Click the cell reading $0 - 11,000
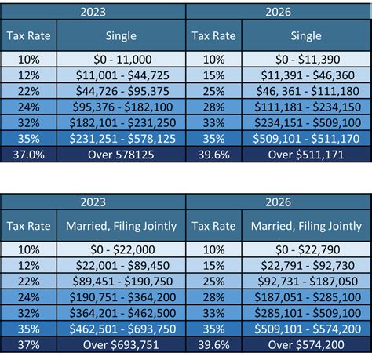coord(120,60)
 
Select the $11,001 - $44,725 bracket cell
coord(120,75)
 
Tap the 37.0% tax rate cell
coord(28,155)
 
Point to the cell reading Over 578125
coord(120,155)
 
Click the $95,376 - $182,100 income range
coord(120,107)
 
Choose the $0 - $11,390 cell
coord(306,60)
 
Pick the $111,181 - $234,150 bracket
coord(306,107)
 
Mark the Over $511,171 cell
coord(306,155)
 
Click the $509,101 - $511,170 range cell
coord(306,139)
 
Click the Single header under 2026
coord(306,35)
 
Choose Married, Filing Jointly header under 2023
coord(120,227)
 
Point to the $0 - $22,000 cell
coord(120,250)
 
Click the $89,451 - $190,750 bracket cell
coord(120,282)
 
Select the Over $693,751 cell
coord(120,344)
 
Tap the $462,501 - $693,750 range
coord(120,329)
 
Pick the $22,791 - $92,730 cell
coord(306,266)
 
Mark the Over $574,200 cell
coord(306,344)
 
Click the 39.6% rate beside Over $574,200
coord(214,344)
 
